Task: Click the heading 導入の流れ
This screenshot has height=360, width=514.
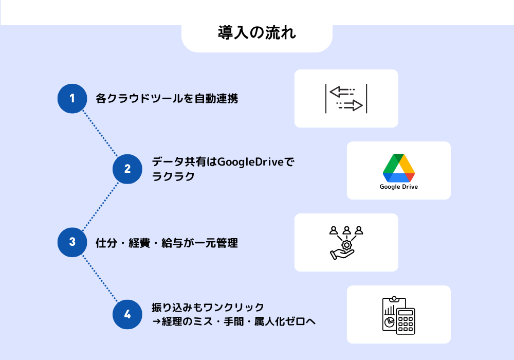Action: [x=257, y=33]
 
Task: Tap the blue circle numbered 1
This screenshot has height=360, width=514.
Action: [x=72, y=98]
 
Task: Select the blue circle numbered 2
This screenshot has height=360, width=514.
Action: [x=127, y=169]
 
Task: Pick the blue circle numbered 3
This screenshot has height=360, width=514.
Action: [x=72, y=242]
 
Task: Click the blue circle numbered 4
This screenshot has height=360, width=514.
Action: [x=127, y=314]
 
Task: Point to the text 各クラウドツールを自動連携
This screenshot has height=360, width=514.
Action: [x=167, y=98]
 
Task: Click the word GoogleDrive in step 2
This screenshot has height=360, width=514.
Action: [x=250, y=162]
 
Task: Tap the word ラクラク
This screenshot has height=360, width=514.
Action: [x=173, y=176]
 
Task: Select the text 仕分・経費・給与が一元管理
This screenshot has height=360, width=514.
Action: [x=167, y=243]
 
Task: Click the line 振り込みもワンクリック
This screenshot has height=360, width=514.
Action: [x=208, y=307]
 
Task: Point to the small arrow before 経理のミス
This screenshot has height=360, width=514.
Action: [x=156, y=321]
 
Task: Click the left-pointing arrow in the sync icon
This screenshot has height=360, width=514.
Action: [x=342, y=92]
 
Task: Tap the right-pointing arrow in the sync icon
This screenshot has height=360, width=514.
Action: [x=350, y=105]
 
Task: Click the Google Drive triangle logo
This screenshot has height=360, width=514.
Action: [x=399, y=168]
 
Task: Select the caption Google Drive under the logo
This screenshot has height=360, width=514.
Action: [x=399, y=187]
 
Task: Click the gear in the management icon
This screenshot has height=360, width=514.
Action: [x=346, y=245]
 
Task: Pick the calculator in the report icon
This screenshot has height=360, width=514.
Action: [x=406, y=321]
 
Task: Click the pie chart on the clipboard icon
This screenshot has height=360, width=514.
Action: [x=390, y=321]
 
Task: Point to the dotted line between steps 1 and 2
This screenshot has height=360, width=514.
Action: [x=100, y=133]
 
